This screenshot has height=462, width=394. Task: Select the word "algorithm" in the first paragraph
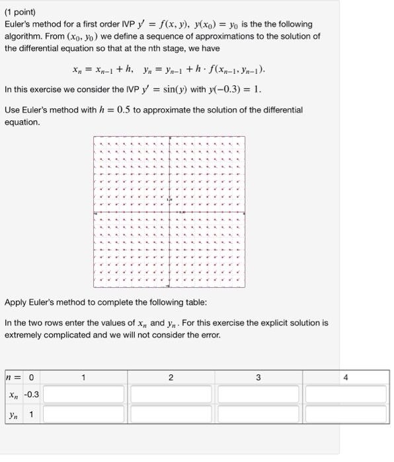coord(24,36)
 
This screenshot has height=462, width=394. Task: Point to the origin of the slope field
coord(169,212)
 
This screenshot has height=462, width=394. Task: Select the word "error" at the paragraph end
coord(208,335)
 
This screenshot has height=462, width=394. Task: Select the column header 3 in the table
coord(258,377)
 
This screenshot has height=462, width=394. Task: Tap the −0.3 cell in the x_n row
coord(31,395)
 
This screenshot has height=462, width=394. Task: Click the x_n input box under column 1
coord(83,395)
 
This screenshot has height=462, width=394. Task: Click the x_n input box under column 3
coord(258,395)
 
